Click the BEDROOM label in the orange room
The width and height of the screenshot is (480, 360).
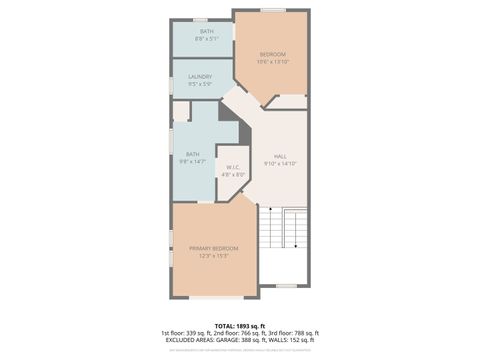pos(273,54)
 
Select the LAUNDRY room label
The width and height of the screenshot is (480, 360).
pos(200,76)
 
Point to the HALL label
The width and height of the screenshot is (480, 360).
pos(281,156)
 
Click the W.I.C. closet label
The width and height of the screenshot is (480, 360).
pos(232,167)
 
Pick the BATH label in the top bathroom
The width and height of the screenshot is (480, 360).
pos(206,31)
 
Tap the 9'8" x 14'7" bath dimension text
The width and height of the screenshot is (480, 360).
pos(192,161)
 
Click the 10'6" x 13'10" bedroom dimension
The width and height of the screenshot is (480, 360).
pos(274,62)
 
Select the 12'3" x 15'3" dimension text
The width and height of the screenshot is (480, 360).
pos(214,255)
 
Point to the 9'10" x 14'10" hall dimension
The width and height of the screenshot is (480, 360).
pos(281,163)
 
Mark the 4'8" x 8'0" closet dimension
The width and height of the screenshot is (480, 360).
pos(232,174)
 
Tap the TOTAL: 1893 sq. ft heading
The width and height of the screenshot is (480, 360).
pos(240,325)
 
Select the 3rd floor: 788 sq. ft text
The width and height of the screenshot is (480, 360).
pos(293,333)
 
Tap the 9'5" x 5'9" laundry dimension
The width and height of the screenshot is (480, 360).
pos(200,83)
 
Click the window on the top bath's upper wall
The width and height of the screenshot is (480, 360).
pos(200,19)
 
